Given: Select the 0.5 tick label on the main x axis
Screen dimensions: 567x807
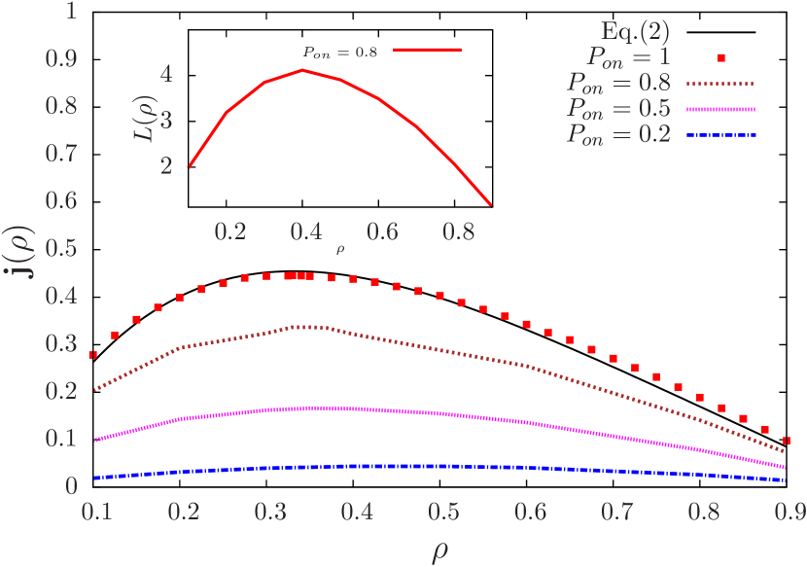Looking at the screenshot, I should [x=443, y=511].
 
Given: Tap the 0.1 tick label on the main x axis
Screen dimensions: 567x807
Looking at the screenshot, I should [x=93, y=511].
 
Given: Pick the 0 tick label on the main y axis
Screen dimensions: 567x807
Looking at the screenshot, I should [x=71, y=485].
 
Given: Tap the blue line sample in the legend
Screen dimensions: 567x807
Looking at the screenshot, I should [x=720, y=135].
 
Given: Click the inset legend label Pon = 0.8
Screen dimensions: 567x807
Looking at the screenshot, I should [x=336, y=52].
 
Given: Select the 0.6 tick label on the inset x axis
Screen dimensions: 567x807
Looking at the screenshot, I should [x=383, y=232].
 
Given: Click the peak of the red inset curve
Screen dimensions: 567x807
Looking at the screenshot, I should [x=303, y=69].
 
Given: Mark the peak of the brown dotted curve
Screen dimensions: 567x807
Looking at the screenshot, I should [x=309, y=326].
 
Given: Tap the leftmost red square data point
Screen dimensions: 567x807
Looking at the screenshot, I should [x=93, y=356].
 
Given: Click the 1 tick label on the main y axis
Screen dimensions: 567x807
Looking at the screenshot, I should [x=71, y=12].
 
